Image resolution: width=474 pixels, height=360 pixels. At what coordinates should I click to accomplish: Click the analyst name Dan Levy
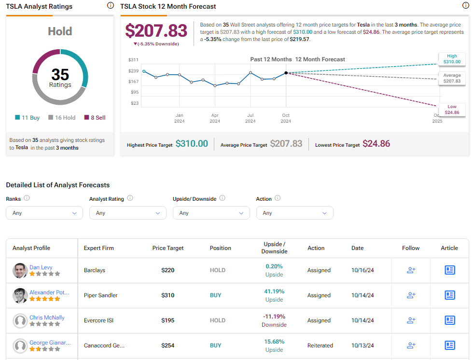pyautogui.click(x=41, y=267)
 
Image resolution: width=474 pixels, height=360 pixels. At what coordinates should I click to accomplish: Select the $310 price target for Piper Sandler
pyautogui.click(x=168, y=295)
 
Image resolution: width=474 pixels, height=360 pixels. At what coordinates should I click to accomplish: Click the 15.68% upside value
pyautogui.click(x=274, y=342)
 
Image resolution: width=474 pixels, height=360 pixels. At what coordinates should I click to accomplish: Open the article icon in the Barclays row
pyautogui.click(x=449, y=270)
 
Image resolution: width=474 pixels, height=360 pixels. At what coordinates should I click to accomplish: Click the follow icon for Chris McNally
pyautogui.click(x=411, y=320)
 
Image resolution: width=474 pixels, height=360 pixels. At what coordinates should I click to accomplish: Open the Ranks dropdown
pyautogui.click(x=44, y=213)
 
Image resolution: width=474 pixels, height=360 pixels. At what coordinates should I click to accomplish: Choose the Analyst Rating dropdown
pyautogui.click(x=128, y=213)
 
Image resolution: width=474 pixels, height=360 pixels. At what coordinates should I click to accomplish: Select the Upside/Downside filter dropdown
pyautogui.click(x=211, y=213)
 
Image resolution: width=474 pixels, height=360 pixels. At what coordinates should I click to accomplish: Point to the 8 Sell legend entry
pyautogui.click(x=95, y=118)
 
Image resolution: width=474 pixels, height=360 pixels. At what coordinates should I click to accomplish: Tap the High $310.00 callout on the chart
pyautogui.click(x=452, y=59)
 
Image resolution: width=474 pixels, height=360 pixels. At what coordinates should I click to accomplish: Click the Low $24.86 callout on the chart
pyautogui.click(x=452, y=110)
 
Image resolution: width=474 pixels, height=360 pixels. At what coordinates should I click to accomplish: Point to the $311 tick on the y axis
pyautogui.click(x=133, y=60)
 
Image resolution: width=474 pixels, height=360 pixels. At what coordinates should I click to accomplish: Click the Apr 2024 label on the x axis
pyautogui.click(x=215, y=118)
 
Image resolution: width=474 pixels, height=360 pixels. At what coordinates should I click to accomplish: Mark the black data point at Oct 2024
pyautogui.click(x=286, y=73)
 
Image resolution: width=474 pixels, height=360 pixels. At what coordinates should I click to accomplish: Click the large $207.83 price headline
pyautogui.click(x=156, y=31)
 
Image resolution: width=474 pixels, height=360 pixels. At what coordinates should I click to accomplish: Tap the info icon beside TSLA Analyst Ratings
pyautogui.click(x=110, y=6)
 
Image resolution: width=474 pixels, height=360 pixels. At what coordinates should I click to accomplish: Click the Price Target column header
pyautogui.click(x=168, y=248)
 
